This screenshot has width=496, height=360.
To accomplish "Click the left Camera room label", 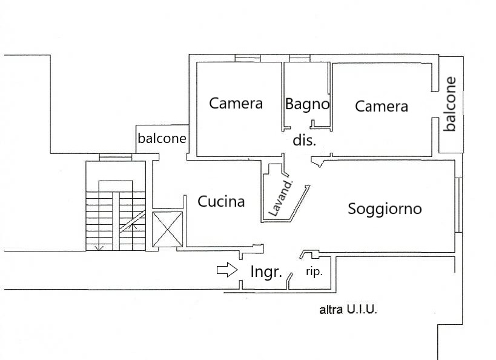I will coord(236,103).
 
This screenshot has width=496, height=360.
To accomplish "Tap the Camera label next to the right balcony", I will coord(381,107).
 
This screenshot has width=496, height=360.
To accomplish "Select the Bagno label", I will coord(307,104).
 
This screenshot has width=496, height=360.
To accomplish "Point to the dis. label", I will coord(305,141).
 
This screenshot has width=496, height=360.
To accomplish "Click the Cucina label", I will coord(221,202).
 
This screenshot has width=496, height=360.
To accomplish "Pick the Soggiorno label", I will coord(385,209).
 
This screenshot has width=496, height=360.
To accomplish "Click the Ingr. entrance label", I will coord(266,272).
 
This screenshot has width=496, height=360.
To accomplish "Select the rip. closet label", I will coord(314,272).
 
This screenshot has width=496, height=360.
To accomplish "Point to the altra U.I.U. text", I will coord(348,310).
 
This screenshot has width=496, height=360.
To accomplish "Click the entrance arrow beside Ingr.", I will coord(227,270).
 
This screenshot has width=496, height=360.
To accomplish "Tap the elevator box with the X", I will coord(167,229).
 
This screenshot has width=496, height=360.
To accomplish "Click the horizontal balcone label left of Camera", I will coord(162,138).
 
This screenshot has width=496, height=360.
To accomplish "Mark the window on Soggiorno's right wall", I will coord(458,205).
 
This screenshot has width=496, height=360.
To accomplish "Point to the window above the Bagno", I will coord(299,59).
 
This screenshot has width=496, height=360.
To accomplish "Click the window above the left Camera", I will coord(247,59).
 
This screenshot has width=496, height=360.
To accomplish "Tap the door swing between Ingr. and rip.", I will coord(291,278).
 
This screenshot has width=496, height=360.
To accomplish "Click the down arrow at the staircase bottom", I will coord(99,247).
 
